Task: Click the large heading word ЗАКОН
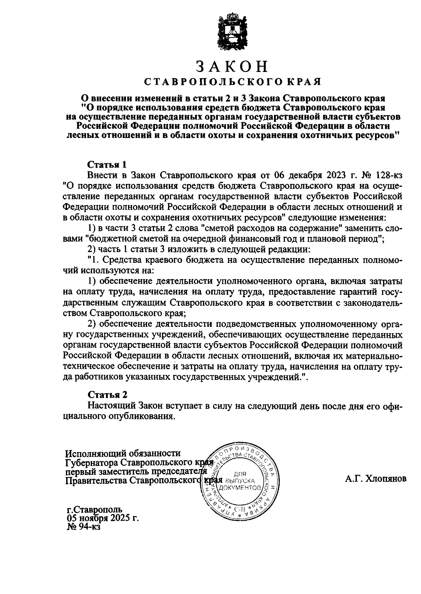[232, 66]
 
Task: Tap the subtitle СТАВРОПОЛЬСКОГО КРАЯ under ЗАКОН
[233, 82]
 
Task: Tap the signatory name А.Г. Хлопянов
[375, 478]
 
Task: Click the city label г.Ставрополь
[94, 509]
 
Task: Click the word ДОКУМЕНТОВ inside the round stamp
[240, 488]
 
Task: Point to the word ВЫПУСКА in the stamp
[240, 481]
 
